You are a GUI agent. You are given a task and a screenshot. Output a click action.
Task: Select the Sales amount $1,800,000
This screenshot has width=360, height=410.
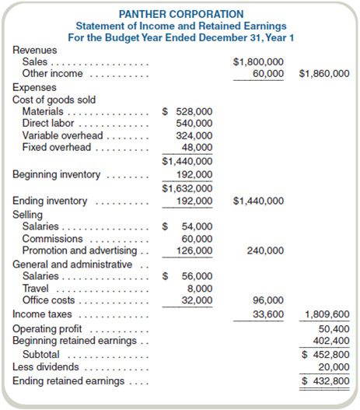tap(258, 61)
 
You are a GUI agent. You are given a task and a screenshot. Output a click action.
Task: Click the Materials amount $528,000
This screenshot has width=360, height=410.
tap(187, 111)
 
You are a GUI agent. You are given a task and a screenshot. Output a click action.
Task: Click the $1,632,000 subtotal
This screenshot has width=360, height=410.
tap(187, 187)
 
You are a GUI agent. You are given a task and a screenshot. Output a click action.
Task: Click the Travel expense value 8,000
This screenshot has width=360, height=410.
tap(199, 288)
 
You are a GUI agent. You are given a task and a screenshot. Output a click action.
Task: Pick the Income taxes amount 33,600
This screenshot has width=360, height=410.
tap(269, 314)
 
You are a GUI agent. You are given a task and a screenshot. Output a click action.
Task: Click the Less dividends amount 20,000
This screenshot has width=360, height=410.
tap(333, 366)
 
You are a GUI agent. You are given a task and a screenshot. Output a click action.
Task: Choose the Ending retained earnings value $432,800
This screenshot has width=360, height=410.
tap(326, 381)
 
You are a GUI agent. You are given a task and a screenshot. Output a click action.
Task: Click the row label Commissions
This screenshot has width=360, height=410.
tap(52, 239)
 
